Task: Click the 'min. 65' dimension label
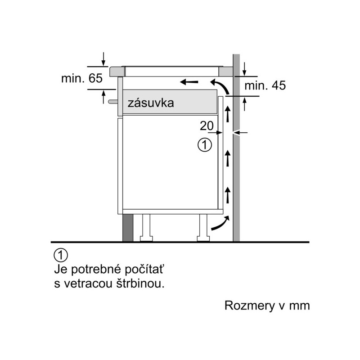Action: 82,78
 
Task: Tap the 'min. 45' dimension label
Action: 265,85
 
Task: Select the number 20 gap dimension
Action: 207,126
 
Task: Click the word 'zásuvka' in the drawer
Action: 151,103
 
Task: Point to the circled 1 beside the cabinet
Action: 205,144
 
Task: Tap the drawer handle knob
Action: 113,101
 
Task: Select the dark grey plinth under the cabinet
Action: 128,228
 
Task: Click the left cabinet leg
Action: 146,228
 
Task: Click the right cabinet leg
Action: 203,228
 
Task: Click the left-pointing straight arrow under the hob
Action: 189,82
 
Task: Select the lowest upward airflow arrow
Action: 228,195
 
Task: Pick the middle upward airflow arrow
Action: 228,158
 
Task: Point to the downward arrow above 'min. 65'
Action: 103,59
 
